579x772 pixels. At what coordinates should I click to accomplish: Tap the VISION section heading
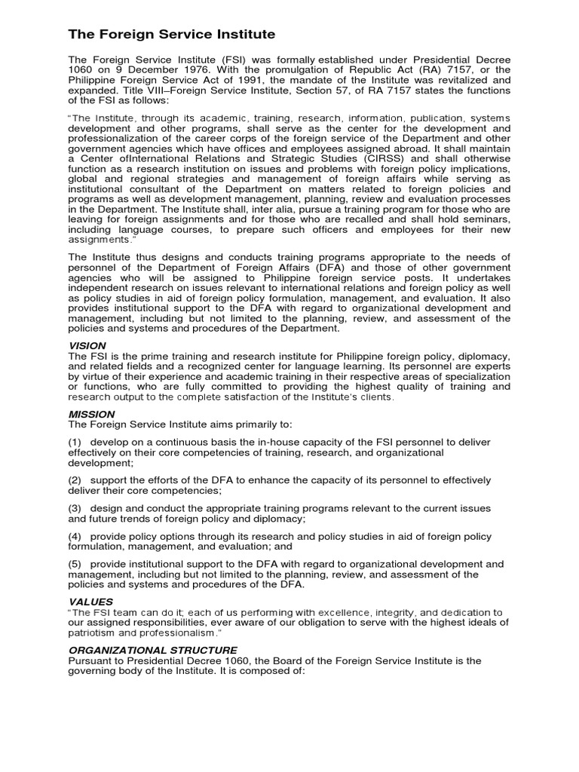click(87, 345)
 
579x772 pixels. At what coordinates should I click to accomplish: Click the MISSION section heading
click(91, 414)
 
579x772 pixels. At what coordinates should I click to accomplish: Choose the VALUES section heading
click(90, 602)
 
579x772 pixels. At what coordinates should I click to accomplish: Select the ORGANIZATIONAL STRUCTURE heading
click(153, 650)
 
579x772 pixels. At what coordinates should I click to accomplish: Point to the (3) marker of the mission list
click(76, 509)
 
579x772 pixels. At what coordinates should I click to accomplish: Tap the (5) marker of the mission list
click(76, 565)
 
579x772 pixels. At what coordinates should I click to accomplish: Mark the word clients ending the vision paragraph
click(375, 397)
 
